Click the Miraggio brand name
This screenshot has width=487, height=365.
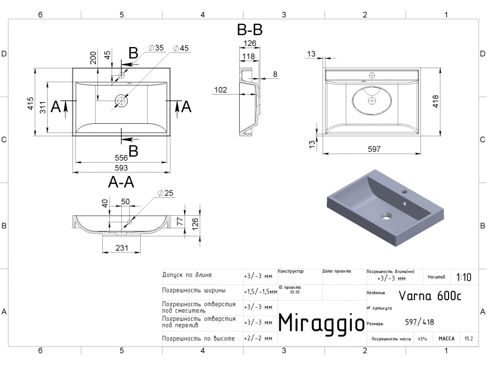click(321, 322)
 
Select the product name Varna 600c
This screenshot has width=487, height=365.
click(430, 296)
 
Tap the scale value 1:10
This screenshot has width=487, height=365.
click(464, 277)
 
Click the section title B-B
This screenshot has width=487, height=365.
click(250, 30)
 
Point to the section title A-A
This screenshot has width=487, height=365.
click(121, 183)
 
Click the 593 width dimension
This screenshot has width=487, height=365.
click(122, 167)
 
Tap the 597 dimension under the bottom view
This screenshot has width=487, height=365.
click(374, 149)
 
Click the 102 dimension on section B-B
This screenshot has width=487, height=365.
click(220, 90)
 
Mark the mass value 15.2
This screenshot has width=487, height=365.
click(469, 339)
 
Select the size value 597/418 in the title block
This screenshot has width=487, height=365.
click(419, 323)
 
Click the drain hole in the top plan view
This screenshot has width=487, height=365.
click(122, 100)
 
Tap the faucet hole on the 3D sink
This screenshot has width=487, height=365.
click(404, 192)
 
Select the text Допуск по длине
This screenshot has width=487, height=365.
click(187, 275)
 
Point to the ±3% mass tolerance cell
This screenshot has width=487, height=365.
click(422, 339)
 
